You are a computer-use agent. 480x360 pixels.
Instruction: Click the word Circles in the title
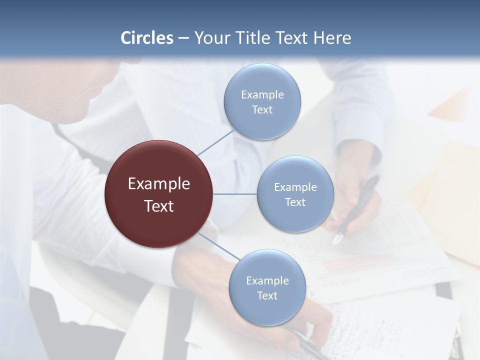pyautogui.click(x=147, y=38)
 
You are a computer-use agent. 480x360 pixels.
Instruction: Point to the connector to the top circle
pyautogui.click(x=216, y=142)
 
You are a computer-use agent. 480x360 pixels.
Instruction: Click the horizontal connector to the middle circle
pyautogui.click(x=234, y=194)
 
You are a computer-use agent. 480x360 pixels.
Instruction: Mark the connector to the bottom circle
pyautogui.click(x=219, y=246)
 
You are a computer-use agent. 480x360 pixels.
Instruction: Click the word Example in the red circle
pyautogui.click(x=159, y=184)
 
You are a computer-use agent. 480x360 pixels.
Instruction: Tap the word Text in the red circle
pyautogui.click(x=159, y=206)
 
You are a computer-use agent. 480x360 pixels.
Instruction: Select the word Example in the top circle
pyautogui.click(x=262, y=94)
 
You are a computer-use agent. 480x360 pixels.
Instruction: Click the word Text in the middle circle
pyautogui.click(x=295, y=202)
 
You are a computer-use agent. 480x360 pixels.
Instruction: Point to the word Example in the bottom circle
pyautogui.click(x=267, y=280)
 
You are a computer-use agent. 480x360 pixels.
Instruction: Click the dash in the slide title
pyautogui.click(x=183, y=38)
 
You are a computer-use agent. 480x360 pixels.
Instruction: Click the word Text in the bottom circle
pyautogui.click(x=267, y=295)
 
